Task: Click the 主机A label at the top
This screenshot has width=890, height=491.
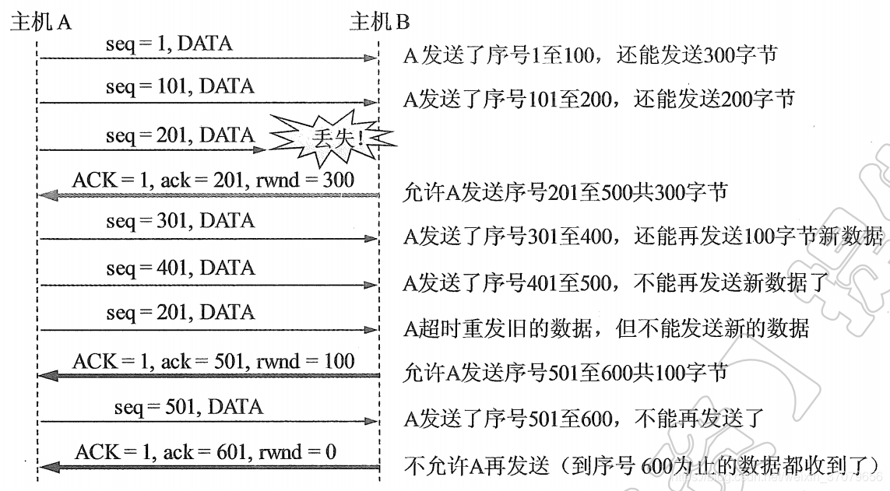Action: coord(40,22)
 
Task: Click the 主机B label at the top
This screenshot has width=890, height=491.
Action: coord(379,22)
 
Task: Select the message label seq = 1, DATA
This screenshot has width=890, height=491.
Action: coord(168,44)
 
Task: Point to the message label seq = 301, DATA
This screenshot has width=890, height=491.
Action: coord(180,221)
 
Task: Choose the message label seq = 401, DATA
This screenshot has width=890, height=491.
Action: coord(180,268)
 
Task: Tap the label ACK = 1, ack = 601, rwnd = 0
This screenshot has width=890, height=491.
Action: coord(206,452)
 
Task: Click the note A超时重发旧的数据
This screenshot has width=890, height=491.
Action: coord(606,328)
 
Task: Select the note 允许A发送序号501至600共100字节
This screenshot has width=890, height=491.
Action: coord(565,373)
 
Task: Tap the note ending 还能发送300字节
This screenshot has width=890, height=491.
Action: coord(589,55)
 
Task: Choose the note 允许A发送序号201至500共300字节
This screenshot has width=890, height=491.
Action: coord(565,191)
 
